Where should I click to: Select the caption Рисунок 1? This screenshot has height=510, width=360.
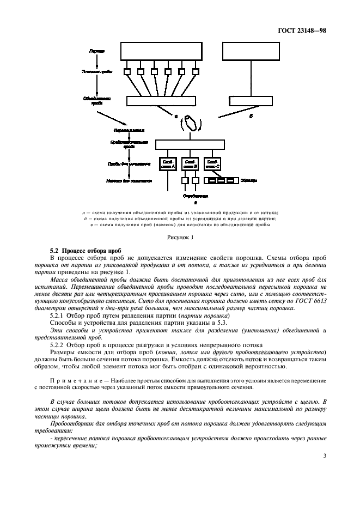pos(180,237)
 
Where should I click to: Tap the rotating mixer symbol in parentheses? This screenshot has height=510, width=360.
pos(191,123)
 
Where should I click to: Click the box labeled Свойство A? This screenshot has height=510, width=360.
pos(167,164)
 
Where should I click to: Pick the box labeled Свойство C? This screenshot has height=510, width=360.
pos(212,164)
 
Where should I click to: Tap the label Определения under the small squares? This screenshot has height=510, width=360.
pos(195,195)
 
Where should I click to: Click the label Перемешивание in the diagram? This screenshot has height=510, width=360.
pos(129,131)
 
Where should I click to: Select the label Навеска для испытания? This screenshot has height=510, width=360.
pos(129,180)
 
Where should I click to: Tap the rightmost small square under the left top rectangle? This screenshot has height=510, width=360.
pos(195,71)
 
